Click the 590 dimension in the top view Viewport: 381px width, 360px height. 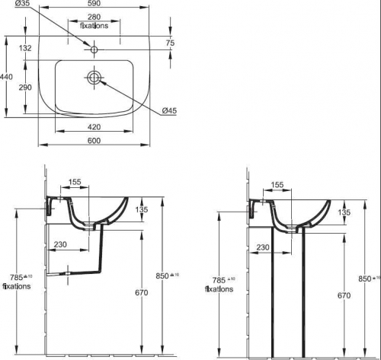(x=94, y=5)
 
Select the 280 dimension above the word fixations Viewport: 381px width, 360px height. (x=94, y=17)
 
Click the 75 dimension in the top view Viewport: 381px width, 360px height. (x=169, y=43)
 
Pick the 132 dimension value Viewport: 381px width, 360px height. (x=24, y=48)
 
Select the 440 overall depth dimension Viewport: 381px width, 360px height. (x=7, y=76)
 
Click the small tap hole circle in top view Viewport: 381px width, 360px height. (x=94, y=50)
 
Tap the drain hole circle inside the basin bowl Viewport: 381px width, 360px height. (x=94, y=78)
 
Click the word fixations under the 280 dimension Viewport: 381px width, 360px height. (x=94, y=25)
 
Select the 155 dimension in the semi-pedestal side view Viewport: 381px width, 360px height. (x=75, y=183)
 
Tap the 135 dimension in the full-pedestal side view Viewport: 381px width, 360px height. (x=344, y=213)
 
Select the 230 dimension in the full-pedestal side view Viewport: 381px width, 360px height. (x=264, y=247)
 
